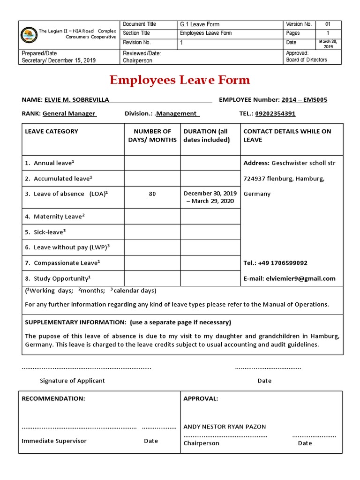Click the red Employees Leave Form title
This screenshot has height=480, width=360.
pos(180,80)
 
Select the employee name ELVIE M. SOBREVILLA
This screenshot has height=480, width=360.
pos(77,100)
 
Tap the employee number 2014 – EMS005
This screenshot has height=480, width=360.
pos(304,100)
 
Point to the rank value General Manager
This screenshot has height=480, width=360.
pos(68,113)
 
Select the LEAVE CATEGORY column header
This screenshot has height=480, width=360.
pos(52,131)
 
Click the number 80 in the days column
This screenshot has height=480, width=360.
pos(152,194)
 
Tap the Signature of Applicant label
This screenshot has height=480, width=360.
pos(72,381)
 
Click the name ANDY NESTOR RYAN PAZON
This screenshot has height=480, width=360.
pos(224,427)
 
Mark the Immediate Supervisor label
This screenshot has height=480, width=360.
pos(54,441)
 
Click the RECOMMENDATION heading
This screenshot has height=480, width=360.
pos(53,398)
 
